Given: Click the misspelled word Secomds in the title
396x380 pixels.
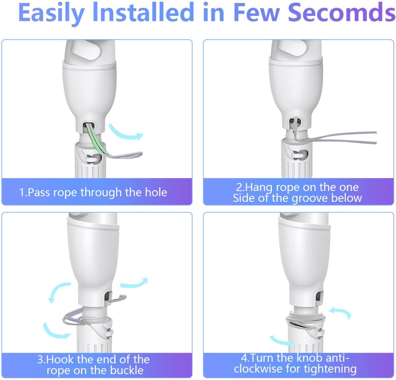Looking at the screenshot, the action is [x=341, y=13].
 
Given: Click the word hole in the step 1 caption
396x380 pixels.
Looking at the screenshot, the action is [x=156, y=192].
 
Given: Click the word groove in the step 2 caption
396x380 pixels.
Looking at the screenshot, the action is [x=310, y=198].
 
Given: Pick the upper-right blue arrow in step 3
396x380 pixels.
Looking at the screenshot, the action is [x=134, y=283].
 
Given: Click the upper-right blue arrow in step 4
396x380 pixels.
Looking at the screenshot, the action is [x=340, y=312].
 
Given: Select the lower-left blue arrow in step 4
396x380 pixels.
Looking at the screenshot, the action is [x=282, y=340].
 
